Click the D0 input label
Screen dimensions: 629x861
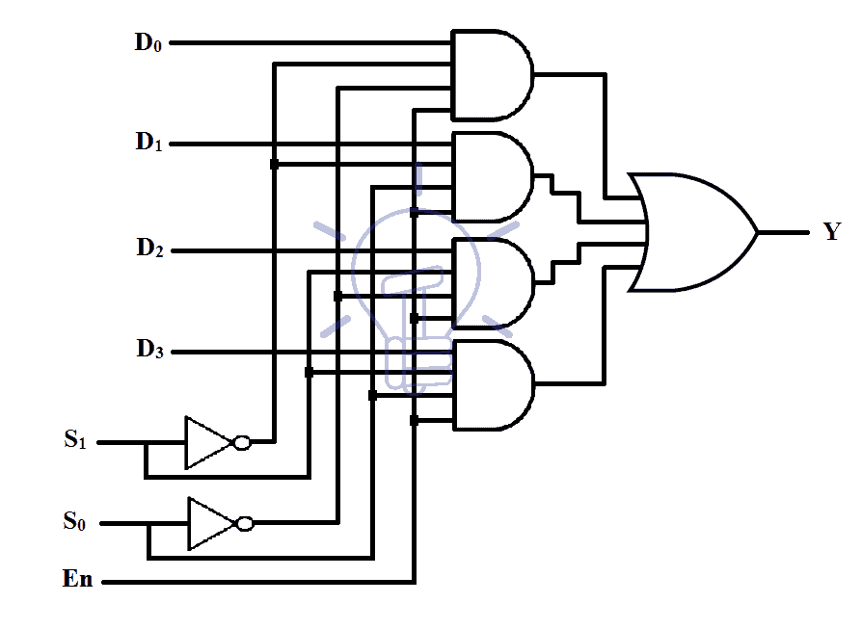[x=148, y=42]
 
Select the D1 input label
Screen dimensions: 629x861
[x=148, y=144]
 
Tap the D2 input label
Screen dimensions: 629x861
[x=148, y=249]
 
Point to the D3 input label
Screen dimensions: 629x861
[x=148, y=351]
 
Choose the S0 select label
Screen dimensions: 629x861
[x=75, y=522]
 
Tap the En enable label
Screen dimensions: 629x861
[x=77, y=580]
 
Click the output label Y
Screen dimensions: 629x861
[x=831, y=231]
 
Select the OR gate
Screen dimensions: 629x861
[x=689, y=232]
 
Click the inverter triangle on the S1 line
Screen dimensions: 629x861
[x=206, y=442]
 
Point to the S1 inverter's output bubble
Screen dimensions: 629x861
[x=242, y=442]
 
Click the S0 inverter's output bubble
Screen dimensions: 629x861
[x=245, y=523]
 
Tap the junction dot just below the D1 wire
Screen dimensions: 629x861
[x=275, y=165]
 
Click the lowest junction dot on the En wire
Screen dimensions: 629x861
[x=414, y=420]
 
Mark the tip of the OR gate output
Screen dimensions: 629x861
[x=758, y=232]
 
